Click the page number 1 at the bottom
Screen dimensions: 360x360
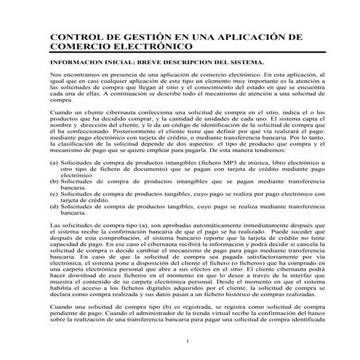(187, 342)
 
